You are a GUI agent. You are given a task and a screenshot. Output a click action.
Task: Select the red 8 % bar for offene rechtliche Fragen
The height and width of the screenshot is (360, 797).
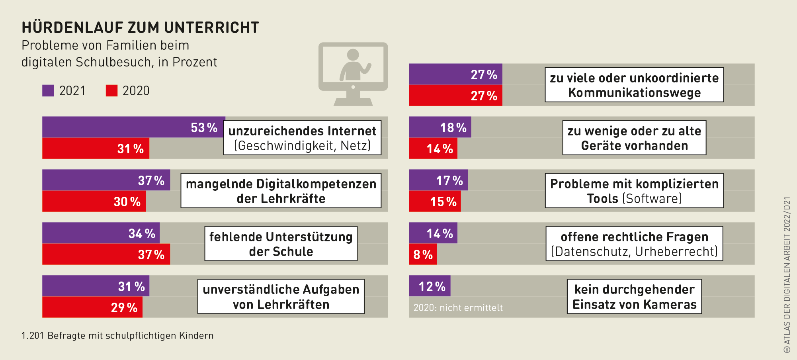(422, 254)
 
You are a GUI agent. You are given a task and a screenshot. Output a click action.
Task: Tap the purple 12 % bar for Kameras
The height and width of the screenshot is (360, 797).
(430, 286)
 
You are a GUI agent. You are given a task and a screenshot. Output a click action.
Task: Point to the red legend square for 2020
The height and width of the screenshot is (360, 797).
(111, 91)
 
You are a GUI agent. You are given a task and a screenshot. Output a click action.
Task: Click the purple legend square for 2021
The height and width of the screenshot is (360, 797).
(48, 91)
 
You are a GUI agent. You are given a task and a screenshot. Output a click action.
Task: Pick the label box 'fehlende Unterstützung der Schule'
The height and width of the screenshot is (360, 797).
(281, 244)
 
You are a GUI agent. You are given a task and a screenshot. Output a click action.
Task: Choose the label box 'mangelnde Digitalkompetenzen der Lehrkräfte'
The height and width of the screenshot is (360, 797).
(281, 191)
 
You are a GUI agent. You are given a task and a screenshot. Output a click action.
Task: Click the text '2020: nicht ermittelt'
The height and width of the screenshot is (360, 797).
(458, 307)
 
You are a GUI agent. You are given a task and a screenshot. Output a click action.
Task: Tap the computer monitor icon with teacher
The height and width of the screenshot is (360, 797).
(353, 74)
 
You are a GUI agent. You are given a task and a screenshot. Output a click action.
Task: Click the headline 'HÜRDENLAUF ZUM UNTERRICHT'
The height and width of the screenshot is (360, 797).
(140, 27)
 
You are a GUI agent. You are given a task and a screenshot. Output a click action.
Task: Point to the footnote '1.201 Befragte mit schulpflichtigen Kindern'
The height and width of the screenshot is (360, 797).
(117, 336)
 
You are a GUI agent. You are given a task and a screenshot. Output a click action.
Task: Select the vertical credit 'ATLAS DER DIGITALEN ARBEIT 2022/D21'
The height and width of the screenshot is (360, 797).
(787, 275)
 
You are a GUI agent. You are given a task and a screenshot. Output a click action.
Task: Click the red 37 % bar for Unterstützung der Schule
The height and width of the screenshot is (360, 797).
(106, 254)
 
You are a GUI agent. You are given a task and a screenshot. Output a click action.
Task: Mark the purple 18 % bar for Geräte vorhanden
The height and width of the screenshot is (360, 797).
(440, 127)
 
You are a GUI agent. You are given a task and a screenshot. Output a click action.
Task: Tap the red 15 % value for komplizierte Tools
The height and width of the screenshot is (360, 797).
(443, 202)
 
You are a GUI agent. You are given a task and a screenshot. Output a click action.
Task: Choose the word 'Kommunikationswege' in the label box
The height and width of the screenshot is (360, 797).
(634, 93)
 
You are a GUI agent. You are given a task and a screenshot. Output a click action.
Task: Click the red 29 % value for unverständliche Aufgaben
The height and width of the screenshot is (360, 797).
(124, 307)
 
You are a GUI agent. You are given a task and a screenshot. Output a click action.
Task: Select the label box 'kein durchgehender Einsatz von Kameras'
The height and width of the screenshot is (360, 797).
(634, 297)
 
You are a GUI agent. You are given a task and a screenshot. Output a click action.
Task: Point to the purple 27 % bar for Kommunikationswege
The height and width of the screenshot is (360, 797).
(455, 74)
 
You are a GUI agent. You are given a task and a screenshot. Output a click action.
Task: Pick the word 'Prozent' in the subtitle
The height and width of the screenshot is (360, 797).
(194, 62)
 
